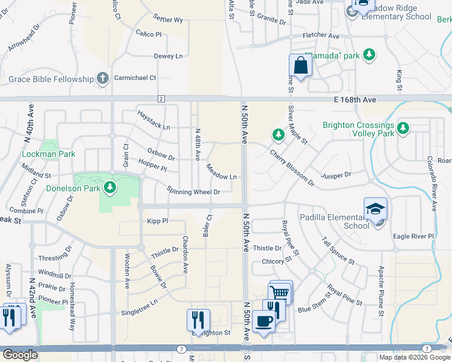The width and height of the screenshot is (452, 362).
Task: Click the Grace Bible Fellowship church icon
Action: pyautogui.click(x=103, y=78)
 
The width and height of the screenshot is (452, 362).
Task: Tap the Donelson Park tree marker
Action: pyautogui.click(x=109, y=188)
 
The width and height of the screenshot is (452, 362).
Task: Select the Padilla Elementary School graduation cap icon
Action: pyautogui.click(x=375, y=209)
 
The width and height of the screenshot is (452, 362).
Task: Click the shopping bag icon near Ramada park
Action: pyautogui.click(x=300, y=65)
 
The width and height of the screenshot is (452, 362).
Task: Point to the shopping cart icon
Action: pyautogui.click(x=280, y=293)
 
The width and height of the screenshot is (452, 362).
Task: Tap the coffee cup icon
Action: pyautogui.click(x=263, y=321)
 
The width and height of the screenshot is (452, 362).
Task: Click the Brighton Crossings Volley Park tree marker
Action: pyautogui.click(x=402, y=128)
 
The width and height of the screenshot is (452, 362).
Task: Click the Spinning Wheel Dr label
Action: pyautogui.click(x=193, y=191)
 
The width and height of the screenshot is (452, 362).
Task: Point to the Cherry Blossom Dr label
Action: pyautogui.click(x=292, y=167)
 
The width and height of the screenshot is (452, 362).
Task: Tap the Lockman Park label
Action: pyautogui.click(x=48, y=154)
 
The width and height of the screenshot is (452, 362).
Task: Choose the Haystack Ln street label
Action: pyautogui.click(x=153, y=119)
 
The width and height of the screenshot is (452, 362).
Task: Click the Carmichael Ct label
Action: pyautogui.click(x=136, y=78)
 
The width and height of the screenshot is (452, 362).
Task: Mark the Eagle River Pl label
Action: pyautogui.click(x=413, y=237)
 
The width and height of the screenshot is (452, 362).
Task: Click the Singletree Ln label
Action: pyautogui.click(x=139, y=306)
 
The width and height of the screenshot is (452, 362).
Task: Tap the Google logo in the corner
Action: pyautogui.click(x=19, y=355)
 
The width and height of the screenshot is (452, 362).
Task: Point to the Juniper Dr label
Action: pyautogui.click(x=337, y=175)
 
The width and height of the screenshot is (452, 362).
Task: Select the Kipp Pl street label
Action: pyautogui.click(x=157, y=221)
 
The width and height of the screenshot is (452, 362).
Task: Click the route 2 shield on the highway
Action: pyautogui.click(x=161, y=98)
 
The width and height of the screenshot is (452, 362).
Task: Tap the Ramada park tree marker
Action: pyautogui.click(x=370, y=56)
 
